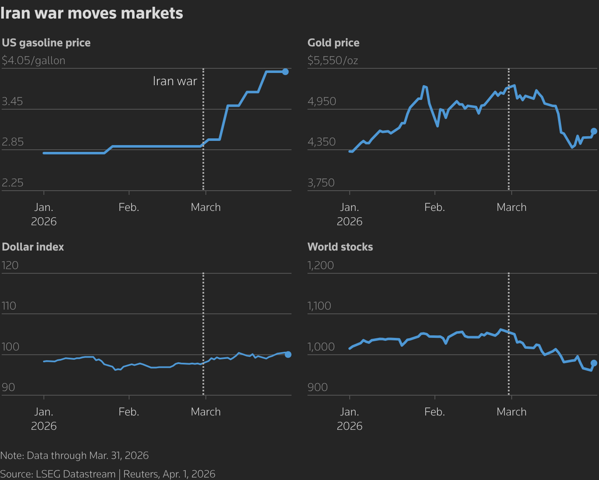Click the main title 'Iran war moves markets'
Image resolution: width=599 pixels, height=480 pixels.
click(92, 13)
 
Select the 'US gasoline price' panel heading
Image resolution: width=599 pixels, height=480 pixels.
click(46, 43)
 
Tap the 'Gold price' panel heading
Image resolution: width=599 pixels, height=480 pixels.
click(333, 43)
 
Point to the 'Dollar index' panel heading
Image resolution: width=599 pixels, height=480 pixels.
click(33, 247)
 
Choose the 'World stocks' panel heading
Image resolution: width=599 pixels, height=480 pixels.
click(340, 247)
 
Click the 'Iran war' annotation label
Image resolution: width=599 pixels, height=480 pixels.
click(175, 81)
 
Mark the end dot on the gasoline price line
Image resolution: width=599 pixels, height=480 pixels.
click(285, 72)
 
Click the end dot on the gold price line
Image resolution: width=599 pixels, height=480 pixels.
click(594, 131)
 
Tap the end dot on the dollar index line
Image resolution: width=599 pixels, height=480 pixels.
click(288, 354)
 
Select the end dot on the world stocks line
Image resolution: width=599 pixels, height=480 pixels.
click(594, 363)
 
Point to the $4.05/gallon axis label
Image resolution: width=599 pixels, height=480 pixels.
click(34, 61)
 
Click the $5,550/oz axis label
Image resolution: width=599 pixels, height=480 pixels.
click(333, 61)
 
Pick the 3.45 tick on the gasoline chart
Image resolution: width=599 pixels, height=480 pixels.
click(13, 102)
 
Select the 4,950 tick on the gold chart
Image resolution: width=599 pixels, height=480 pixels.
click(322, 102)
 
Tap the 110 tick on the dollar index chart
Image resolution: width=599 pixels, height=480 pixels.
click(9, 306)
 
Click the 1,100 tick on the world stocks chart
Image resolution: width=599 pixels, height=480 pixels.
click(319, 306)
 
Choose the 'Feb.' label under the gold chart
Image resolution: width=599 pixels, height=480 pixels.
click(434, 208)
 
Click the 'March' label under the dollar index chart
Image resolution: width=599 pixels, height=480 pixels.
click(205, 412)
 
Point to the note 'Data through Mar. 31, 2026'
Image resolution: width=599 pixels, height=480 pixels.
click(75, 456)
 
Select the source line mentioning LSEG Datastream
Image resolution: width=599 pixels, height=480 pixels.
click(108, 474)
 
